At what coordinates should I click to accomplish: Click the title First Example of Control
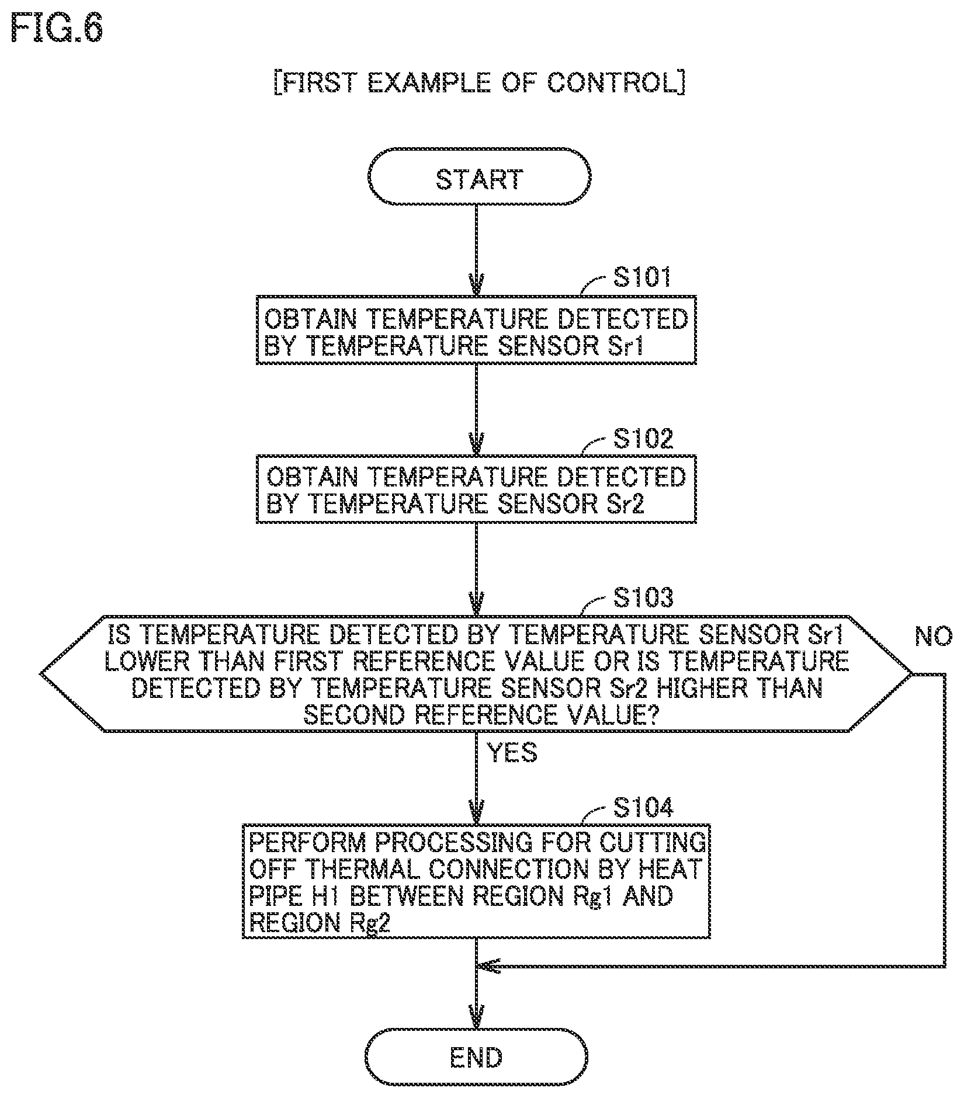pyautogui.click(x=479, y=83)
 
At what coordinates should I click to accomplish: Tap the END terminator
pyautogui.click(x=477, y=1057)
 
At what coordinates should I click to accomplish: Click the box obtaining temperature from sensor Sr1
pyautogui.click(x=477, y=331)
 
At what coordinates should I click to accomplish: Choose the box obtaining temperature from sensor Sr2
pyautogui.click(x=477, y=489)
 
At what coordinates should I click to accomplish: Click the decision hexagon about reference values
pyautogui.click(x=477, y=673)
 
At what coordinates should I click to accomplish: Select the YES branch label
pyautogui.click(x=512, y=753)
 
